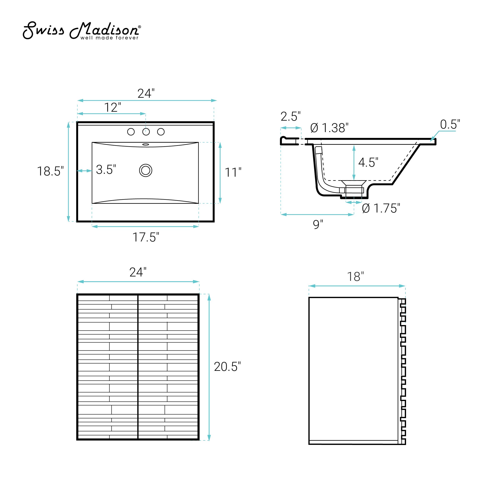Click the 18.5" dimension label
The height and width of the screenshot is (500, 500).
click(50, 171)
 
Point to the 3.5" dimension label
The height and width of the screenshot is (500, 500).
click(106, 170)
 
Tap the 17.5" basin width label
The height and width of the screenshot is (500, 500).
click(146, 237)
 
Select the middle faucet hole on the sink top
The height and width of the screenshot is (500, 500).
click(146, 132)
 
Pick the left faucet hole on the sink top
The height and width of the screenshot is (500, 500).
click(131, 132)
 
